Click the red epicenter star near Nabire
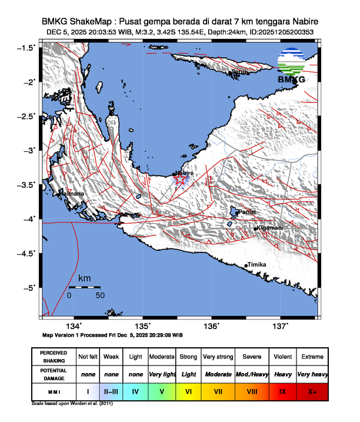point(181,180)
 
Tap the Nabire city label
point(184,173)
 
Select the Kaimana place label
point(72,194)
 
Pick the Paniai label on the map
point(247,211)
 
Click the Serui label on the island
point(238,72)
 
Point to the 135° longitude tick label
point(144,326)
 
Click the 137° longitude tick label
point(281,326)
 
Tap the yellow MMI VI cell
point(188,390)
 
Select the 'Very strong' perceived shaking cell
point(218,357)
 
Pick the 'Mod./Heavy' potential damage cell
point(251,374)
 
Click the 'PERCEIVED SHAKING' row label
point(54,357)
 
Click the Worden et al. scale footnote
point(72,404)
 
